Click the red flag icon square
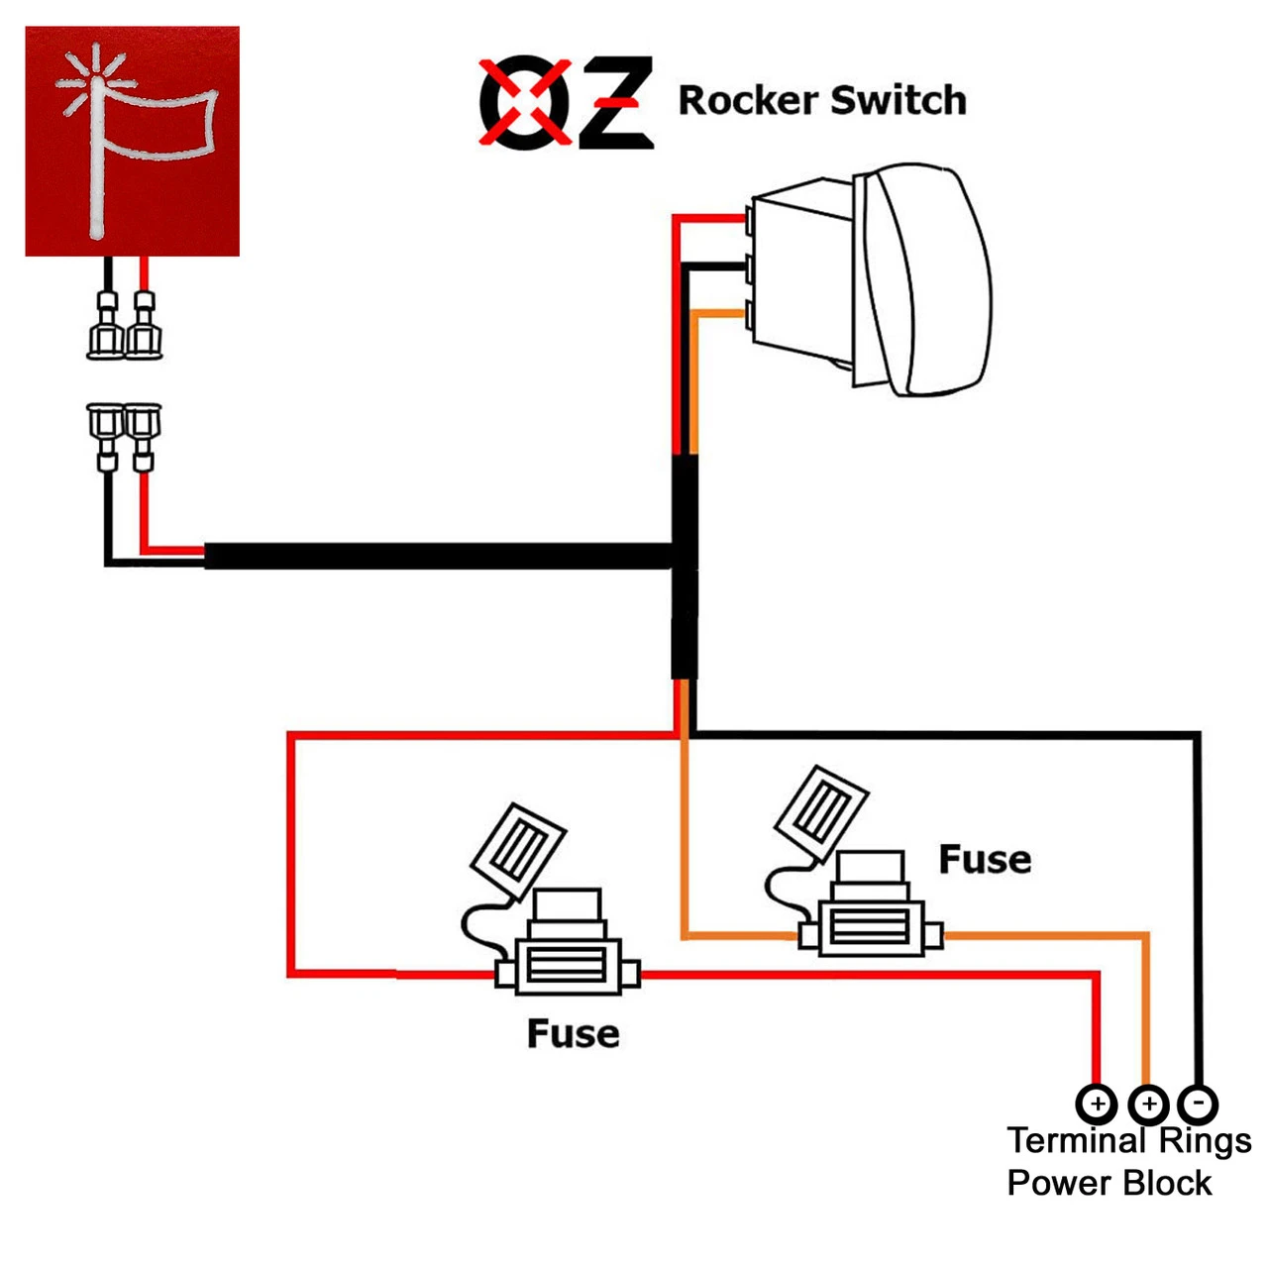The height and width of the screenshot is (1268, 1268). pos(132,141)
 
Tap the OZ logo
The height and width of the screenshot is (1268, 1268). pos(566,102)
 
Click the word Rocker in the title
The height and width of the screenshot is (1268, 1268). pos(748,101)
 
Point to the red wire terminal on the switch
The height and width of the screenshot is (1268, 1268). pos(749,218)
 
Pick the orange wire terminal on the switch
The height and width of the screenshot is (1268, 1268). pos(749,314)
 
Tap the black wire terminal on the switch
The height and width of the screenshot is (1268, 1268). pos(749,265)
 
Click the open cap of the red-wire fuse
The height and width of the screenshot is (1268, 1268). pos(518,850)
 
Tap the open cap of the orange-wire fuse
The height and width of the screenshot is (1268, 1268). pos(821,810)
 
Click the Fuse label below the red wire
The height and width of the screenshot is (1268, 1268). pos(573,1034)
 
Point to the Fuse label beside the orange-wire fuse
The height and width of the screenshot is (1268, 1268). pos(985,860)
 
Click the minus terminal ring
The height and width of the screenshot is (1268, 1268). pos(1198,1103)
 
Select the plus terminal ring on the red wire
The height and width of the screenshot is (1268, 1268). pos(1097,1103)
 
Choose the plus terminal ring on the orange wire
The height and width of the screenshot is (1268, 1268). pos(1148,1103)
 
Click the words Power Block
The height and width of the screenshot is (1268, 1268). pos(1109,1183)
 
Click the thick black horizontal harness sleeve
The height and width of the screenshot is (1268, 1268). pos(436,556)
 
